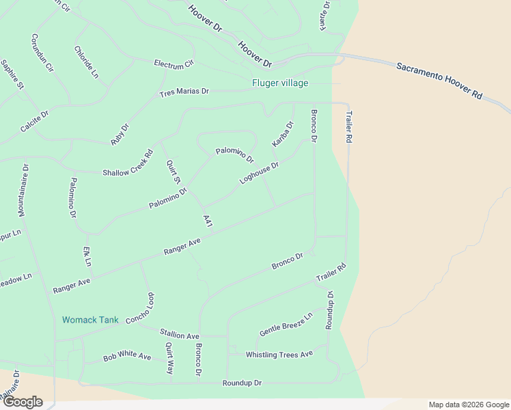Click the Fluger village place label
pyautogui.click(x=280, y=83)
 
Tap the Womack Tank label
pyautogui.click(x=90, y=320)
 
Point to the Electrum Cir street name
pyautogui.click(x=174, y=65)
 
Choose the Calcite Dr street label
pyautogui.click(x=35, y=122)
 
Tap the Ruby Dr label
pyautogui.click(x=120, y=133)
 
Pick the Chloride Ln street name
pyautogui.click(x=86, y=62)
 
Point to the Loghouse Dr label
pyautogui.click(x=260, y=173)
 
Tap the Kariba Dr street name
pyautogui.click(x=282, y=134)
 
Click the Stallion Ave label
pyautogui.click(x=179, y=335)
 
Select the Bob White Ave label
pyautogui.click(x=127, y=357)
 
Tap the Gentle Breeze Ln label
pyautogui.click(x=286, y=325)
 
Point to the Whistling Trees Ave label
pyautogui.click(x=279, y=354)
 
